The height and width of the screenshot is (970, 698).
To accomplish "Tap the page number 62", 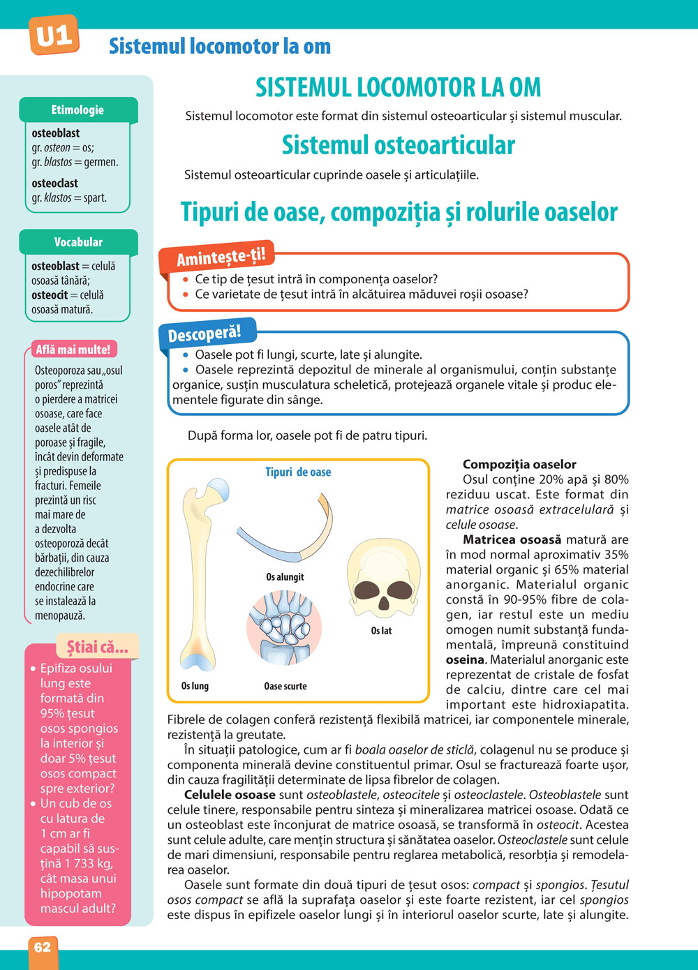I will point(43,947).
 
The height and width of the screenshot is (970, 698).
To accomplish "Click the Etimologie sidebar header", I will point(77,110).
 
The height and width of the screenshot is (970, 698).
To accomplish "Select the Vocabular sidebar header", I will point(78,242).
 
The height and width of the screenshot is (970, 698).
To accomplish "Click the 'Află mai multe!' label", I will point(73,350).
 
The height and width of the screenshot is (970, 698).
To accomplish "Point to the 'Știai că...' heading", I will point(97,647).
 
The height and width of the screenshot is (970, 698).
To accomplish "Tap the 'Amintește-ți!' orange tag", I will point(221,257).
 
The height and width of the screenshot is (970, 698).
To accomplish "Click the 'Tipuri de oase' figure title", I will point(298,472).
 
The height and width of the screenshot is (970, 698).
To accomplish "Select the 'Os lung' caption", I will point(195,686).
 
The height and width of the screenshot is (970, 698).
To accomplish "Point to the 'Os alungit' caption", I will point(285,577).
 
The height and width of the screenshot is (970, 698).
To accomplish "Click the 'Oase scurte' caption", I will point(285,686).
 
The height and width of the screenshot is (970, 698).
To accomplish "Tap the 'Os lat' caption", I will point(381,631).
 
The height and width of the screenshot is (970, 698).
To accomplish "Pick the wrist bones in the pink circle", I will point(284,625).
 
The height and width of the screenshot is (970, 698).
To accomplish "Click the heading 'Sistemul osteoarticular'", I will point(398,145).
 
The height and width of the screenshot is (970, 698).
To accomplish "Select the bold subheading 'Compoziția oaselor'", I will point(519,465).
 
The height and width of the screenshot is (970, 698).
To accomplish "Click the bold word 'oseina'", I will point(465,660).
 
